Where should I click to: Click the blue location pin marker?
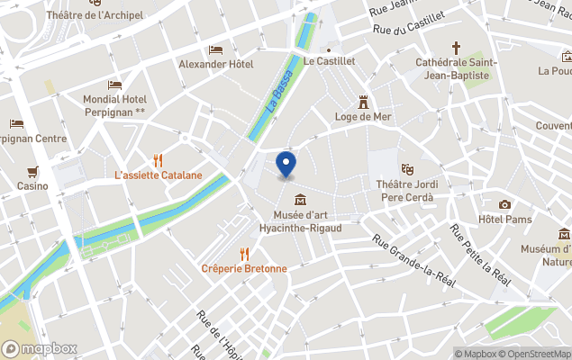coord(286,166)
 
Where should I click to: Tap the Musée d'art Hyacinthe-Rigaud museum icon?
coord(299,199)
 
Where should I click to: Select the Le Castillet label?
coord(330,62)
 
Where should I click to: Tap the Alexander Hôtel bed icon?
coord(215,49)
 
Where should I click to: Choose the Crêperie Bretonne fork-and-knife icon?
coord(244,254)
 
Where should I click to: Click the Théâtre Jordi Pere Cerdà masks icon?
coord(407,167)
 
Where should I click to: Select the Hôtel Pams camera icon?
coord(504,204)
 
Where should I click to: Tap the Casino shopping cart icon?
coord(32,171)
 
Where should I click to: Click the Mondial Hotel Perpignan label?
coord(113,104)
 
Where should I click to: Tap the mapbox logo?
coord(40,348)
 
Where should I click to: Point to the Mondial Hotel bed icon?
coord(114,85)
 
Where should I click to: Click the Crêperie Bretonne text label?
coord(244,268)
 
